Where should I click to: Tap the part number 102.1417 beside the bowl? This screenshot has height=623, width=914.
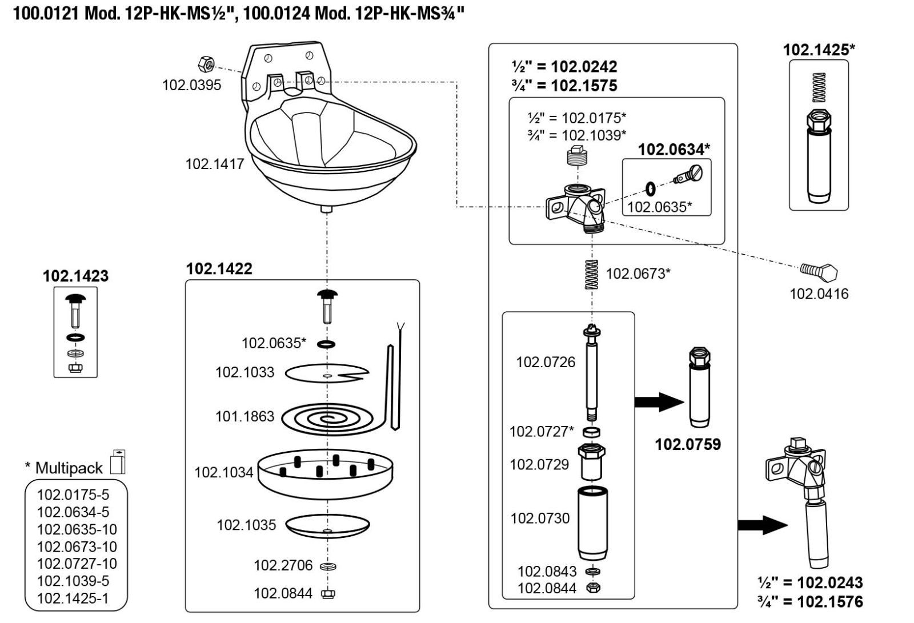214,164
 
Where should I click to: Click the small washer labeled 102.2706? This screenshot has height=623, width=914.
328,566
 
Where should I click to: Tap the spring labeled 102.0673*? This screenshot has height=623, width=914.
591,274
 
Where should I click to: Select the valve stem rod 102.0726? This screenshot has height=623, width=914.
591,374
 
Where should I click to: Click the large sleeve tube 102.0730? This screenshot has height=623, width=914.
592,522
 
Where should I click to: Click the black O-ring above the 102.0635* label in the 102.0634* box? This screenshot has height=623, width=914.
650,187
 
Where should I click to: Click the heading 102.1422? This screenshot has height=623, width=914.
219,269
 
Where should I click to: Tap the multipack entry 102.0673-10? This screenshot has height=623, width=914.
77,546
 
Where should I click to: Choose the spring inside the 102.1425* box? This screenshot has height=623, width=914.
819,87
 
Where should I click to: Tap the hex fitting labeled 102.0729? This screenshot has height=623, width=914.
591,461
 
